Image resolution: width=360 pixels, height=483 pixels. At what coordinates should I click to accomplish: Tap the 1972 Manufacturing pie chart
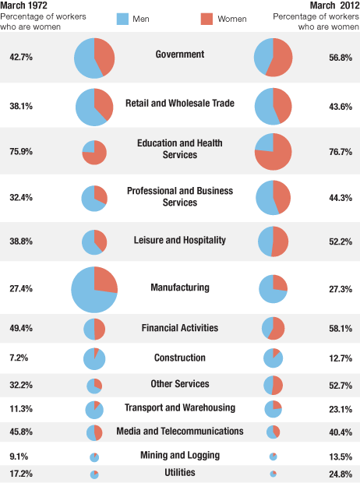pos(94,289)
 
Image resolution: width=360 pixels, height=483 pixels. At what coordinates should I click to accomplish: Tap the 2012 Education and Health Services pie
pos(274,152)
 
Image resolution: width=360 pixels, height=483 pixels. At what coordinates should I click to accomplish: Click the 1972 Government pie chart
pos(94,58)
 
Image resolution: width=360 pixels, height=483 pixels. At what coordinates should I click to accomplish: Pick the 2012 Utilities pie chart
pos(274,474)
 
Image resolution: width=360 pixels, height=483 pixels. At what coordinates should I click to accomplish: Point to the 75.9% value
pos(20,152)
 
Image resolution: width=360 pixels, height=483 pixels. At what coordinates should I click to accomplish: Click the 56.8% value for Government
pos(341,58)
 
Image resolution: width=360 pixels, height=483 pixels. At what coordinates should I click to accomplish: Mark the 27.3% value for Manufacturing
pos(341,289)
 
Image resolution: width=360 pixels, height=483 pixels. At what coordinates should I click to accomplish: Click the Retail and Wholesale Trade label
pos(179,104)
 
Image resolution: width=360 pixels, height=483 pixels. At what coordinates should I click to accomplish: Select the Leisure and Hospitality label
pos(179,240)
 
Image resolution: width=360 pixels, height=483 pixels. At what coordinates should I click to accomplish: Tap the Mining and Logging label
pos(179,455)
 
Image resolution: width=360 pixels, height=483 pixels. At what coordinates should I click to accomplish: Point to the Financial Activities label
pos(179,328)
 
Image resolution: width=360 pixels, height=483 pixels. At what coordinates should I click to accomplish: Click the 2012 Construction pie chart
pos(274,358)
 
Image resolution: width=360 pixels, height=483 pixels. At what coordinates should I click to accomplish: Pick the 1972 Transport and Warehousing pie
pos(94,409)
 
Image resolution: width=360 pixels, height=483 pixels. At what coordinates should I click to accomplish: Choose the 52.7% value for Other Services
pos(341,385)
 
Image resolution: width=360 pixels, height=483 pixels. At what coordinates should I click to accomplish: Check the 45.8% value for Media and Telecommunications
pos(20,432)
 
